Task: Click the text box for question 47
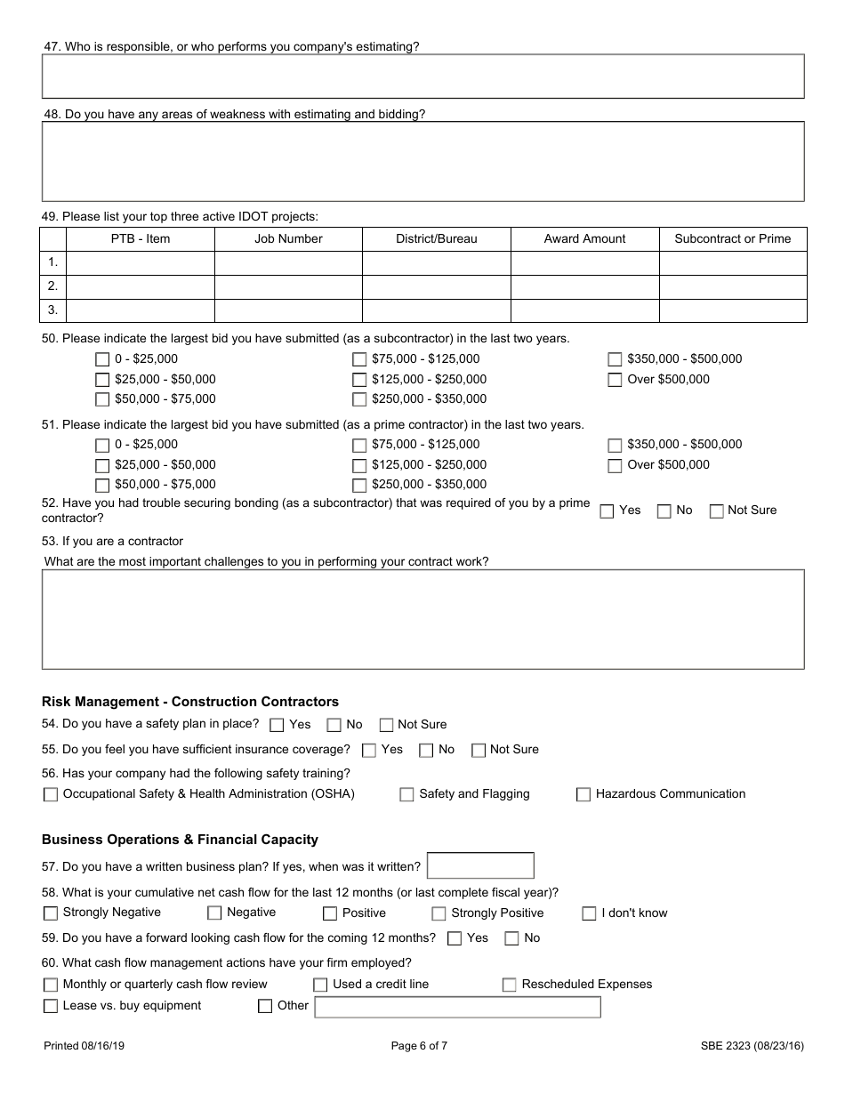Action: coord(422,76)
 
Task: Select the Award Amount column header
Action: coord(584,238)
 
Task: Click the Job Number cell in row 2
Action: coord(288,286)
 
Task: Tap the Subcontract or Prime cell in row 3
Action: coord(732,310)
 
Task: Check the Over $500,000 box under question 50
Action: coord(615,380)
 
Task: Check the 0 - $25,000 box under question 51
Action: coord(102,446)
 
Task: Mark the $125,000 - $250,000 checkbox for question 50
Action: coord(359,380)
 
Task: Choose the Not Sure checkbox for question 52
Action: coord(716,511)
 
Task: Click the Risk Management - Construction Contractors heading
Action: coord(190,702)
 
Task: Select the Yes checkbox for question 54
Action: coord(277,726)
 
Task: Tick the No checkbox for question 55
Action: coord(426,751)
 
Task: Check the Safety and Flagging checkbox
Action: coord(406,795)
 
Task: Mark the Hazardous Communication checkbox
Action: coord(583,795)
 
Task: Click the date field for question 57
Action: coord(480,865)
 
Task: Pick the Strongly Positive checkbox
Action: coord(439,913)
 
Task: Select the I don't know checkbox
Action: coord(589,913)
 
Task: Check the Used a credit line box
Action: coord(320,985)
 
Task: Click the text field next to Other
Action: coord(458,1007)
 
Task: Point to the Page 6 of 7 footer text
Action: coord(419,1046)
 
